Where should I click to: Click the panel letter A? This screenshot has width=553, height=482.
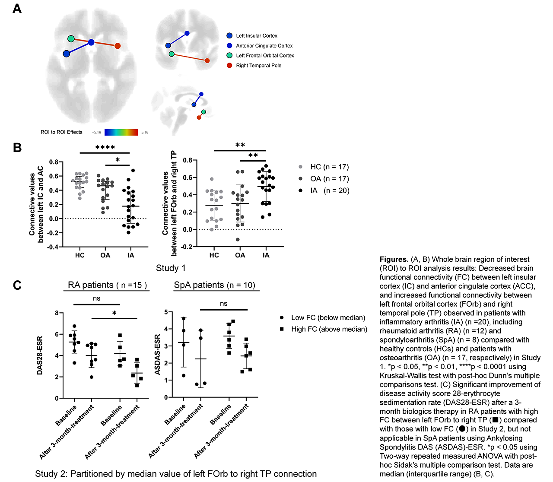[17, 9]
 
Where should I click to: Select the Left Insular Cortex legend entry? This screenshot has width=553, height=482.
[252, 36]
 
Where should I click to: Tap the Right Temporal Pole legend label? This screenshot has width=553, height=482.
[259, 65]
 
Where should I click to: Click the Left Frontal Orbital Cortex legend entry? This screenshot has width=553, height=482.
[260, 55]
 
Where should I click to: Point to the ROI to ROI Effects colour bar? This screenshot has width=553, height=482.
[121, 132]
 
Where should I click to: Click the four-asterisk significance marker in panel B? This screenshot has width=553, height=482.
[105, 148]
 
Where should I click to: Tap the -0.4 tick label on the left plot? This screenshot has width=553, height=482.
[54, 247]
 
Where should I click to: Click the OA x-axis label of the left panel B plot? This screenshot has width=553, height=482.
[105, 255]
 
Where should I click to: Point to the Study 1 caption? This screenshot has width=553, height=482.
[171, 268]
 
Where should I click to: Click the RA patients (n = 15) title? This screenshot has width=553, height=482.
[107, 285]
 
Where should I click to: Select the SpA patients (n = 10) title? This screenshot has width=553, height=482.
[215, 285]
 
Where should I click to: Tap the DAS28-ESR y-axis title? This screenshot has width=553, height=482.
[40, 355]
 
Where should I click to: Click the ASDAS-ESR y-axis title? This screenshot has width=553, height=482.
[157, 355]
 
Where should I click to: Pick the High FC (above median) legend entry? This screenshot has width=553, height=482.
[324, 329]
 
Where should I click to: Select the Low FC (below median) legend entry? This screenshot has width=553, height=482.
[323, 317]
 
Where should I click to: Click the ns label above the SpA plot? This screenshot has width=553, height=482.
[223, 304]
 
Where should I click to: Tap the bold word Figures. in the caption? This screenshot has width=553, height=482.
[394, 260]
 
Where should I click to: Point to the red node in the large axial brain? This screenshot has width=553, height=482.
[118, 46]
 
